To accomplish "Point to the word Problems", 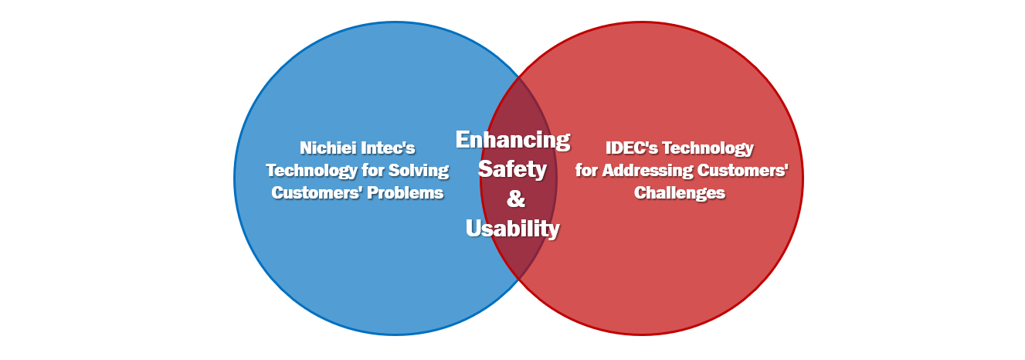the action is (x=406, y=192).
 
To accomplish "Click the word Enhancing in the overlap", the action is (x=513, y=140).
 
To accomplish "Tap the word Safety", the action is (x=513, y=170).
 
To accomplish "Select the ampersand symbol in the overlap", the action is (x=516, y=199).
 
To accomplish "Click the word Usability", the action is (x=513, y=228).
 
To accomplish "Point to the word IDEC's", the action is (x=632, y=148).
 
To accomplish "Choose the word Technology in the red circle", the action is (x=708, y=148).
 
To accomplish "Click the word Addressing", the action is (x=647, y=170).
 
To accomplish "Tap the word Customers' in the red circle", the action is (x=743, y=170).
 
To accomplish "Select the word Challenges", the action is (x=680, y=192).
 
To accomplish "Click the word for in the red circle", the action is (x=586, y=170).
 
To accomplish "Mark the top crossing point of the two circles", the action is (x=519, y=77).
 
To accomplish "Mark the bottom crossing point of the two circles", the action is (x=519, y=280).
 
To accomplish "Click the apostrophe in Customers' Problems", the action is (x=361, y=188).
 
